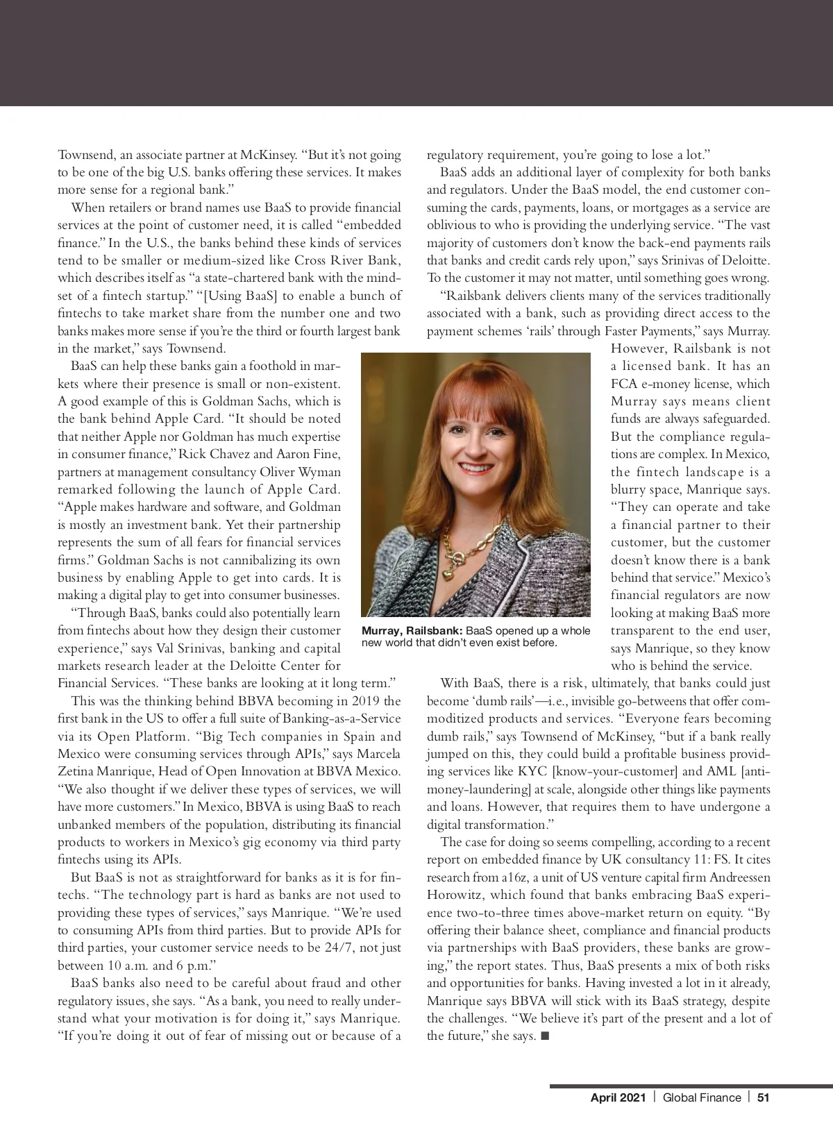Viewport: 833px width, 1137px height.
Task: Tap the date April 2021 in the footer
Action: click(x=617, y=1097)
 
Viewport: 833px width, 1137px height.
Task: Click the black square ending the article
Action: click(x=544, y=1036)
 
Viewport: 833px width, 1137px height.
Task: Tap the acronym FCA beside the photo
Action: click(x=623, y=384)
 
